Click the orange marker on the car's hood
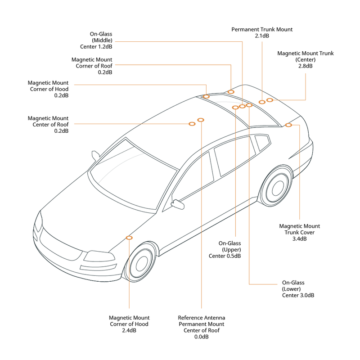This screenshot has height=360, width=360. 130,237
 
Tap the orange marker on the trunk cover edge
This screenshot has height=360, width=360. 288,125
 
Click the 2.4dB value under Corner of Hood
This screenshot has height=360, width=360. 129,330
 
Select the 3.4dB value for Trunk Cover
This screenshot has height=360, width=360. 299,238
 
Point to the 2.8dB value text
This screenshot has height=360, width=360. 305,66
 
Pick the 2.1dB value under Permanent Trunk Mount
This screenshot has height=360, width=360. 262,36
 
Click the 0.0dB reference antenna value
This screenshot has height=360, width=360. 201,337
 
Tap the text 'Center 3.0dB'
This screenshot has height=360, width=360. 298,295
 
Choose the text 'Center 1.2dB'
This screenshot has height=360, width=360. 95,47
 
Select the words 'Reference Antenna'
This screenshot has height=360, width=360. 201,317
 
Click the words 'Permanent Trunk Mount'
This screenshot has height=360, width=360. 262,29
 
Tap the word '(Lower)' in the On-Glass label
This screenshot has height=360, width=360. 292,289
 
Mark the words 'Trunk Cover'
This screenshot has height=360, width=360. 299,232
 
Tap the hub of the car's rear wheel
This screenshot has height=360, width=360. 277,187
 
